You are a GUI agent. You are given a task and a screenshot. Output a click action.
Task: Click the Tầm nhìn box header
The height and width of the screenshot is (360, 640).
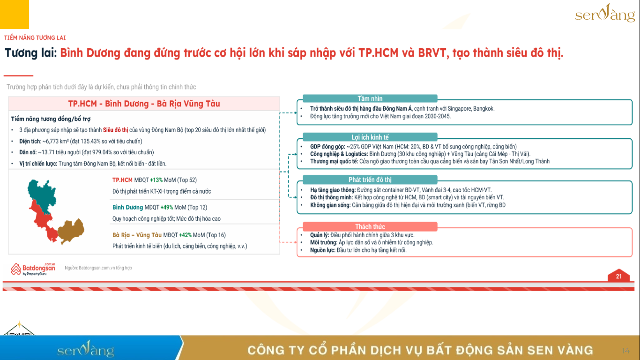(370, 98)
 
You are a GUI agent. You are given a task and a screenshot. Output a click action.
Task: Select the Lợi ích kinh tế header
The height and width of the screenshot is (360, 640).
(370, 137)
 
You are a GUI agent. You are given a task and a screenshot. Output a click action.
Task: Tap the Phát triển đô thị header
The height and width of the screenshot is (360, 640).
(370, 180)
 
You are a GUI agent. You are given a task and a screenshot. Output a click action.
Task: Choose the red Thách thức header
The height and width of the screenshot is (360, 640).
(370, 226)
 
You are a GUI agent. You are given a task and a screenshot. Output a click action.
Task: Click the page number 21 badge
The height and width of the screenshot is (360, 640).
(618, 276)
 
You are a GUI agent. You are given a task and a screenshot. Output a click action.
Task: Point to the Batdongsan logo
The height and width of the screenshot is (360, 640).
(33, 269)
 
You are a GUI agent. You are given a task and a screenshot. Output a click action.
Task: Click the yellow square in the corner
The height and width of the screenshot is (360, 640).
(14, 15)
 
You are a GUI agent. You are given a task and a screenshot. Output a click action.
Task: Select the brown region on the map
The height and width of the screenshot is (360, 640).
(71, 231)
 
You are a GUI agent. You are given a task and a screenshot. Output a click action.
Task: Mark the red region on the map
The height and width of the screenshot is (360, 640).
(43, 220)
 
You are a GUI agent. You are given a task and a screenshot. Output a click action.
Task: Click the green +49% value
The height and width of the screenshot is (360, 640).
(167, 207)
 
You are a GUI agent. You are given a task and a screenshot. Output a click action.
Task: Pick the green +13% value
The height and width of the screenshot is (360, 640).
(156, 180)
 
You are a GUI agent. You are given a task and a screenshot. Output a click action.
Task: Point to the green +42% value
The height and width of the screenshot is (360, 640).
(185, 235)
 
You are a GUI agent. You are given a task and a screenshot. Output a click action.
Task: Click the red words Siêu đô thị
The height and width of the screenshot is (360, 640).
(115, 130)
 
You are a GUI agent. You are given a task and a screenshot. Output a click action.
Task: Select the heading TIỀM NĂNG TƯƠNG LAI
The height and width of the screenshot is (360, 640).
(35, 38)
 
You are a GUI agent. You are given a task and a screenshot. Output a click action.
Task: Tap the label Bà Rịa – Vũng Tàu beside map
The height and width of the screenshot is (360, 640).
(137, 235)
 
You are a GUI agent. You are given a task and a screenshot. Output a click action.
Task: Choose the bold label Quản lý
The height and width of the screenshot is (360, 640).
(320, 235)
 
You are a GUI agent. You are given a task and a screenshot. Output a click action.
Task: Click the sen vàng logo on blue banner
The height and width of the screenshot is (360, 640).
(86, 349)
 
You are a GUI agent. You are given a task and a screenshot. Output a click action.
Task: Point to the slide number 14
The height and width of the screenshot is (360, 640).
(625, 351)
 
